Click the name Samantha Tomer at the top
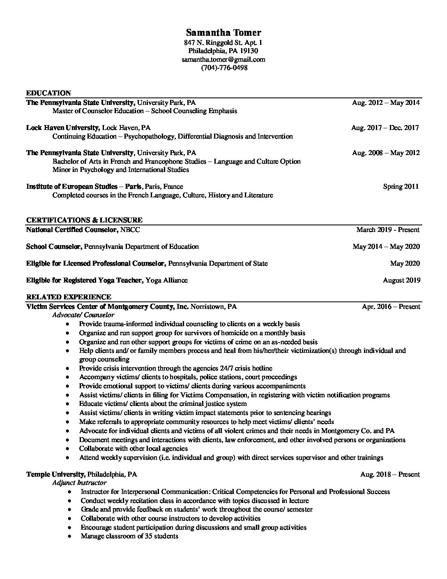pyautogui.click(x=223, y=33)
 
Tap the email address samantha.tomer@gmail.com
pyautogui.click(x=223, y=59)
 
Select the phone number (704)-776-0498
pyautogui.click(x=224, y=68)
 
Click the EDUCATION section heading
pyautogui.click(x=48, y=93)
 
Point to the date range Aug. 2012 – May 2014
pyautogui.click(x=385, y=102)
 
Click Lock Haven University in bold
pyautogui.click(x=62, y=127)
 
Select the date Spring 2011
pyautogui.click(x=401, y=186)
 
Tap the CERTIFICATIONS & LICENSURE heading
pyautogui.click(x=84, y=220)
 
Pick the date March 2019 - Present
pyautogui.click(x=388, y=229)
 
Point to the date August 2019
pyautogui.click(x=401, y=280)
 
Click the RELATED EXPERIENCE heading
pyautogui.click(x=69, y=297)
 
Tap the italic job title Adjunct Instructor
pyautogui.click(x=79, y=483)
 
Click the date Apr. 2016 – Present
pyautogui.click(x=391, y=307)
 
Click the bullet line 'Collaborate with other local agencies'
pyautogui.click(x=133, y=449)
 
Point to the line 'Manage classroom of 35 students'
pyautogui.click(x=129, y=536)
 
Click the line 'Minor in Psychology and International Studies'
pyautogui.click(x=121, y=169)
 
